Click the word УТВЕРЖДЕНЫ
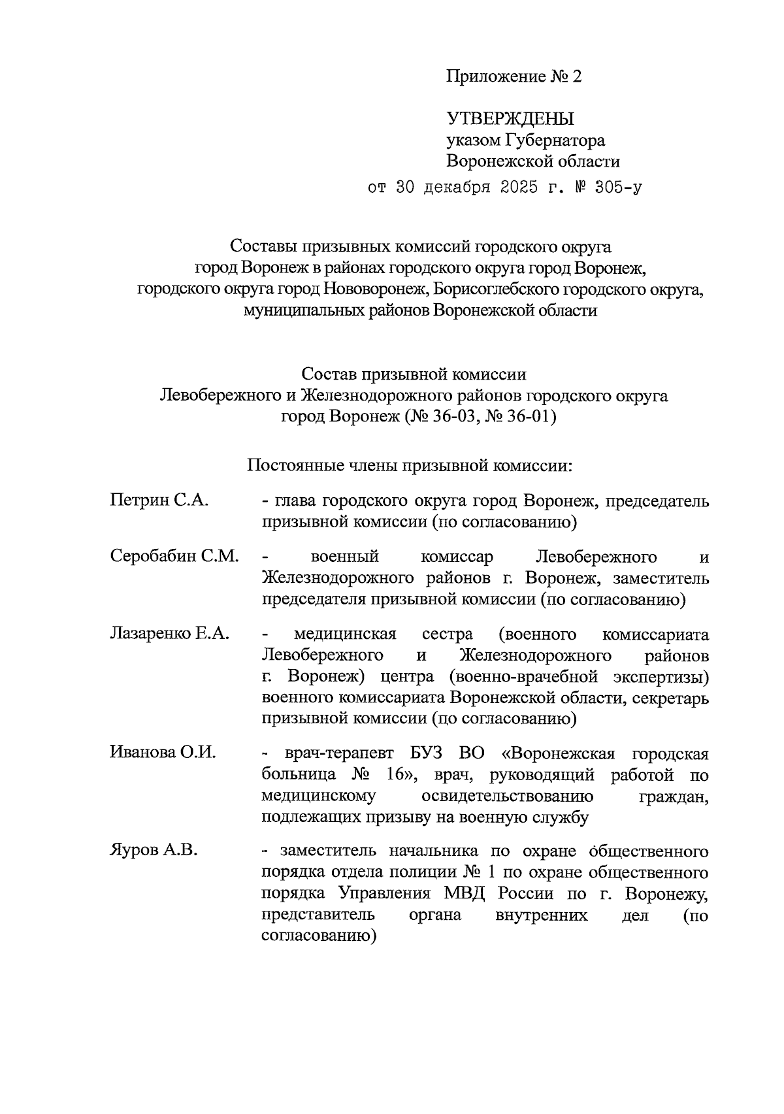coord(510,118)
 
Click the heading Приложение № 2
coord(514,77)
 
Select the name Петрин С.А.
coord(159,501)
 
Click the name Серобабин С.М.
coord(174,557)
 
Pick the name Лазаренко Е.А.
coord(169,634)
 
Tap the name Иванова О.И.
coord(163,752)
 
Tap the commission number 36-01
coord(530,417)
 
